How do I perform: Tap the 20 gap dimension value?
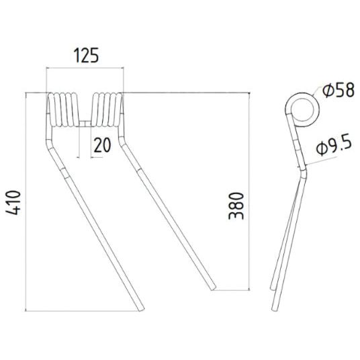pos(102,145)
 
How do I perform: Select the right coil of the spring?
pos(107,108)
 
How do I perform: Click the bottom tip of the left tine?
pos(139,308)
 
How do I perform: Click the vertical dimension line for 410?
pos(26,201)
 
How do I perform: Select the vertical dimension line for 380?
pos(250,191)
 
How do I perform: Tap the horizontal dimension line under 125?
pos(86,67)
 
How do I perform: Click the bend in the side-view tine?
pos(302,171)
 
